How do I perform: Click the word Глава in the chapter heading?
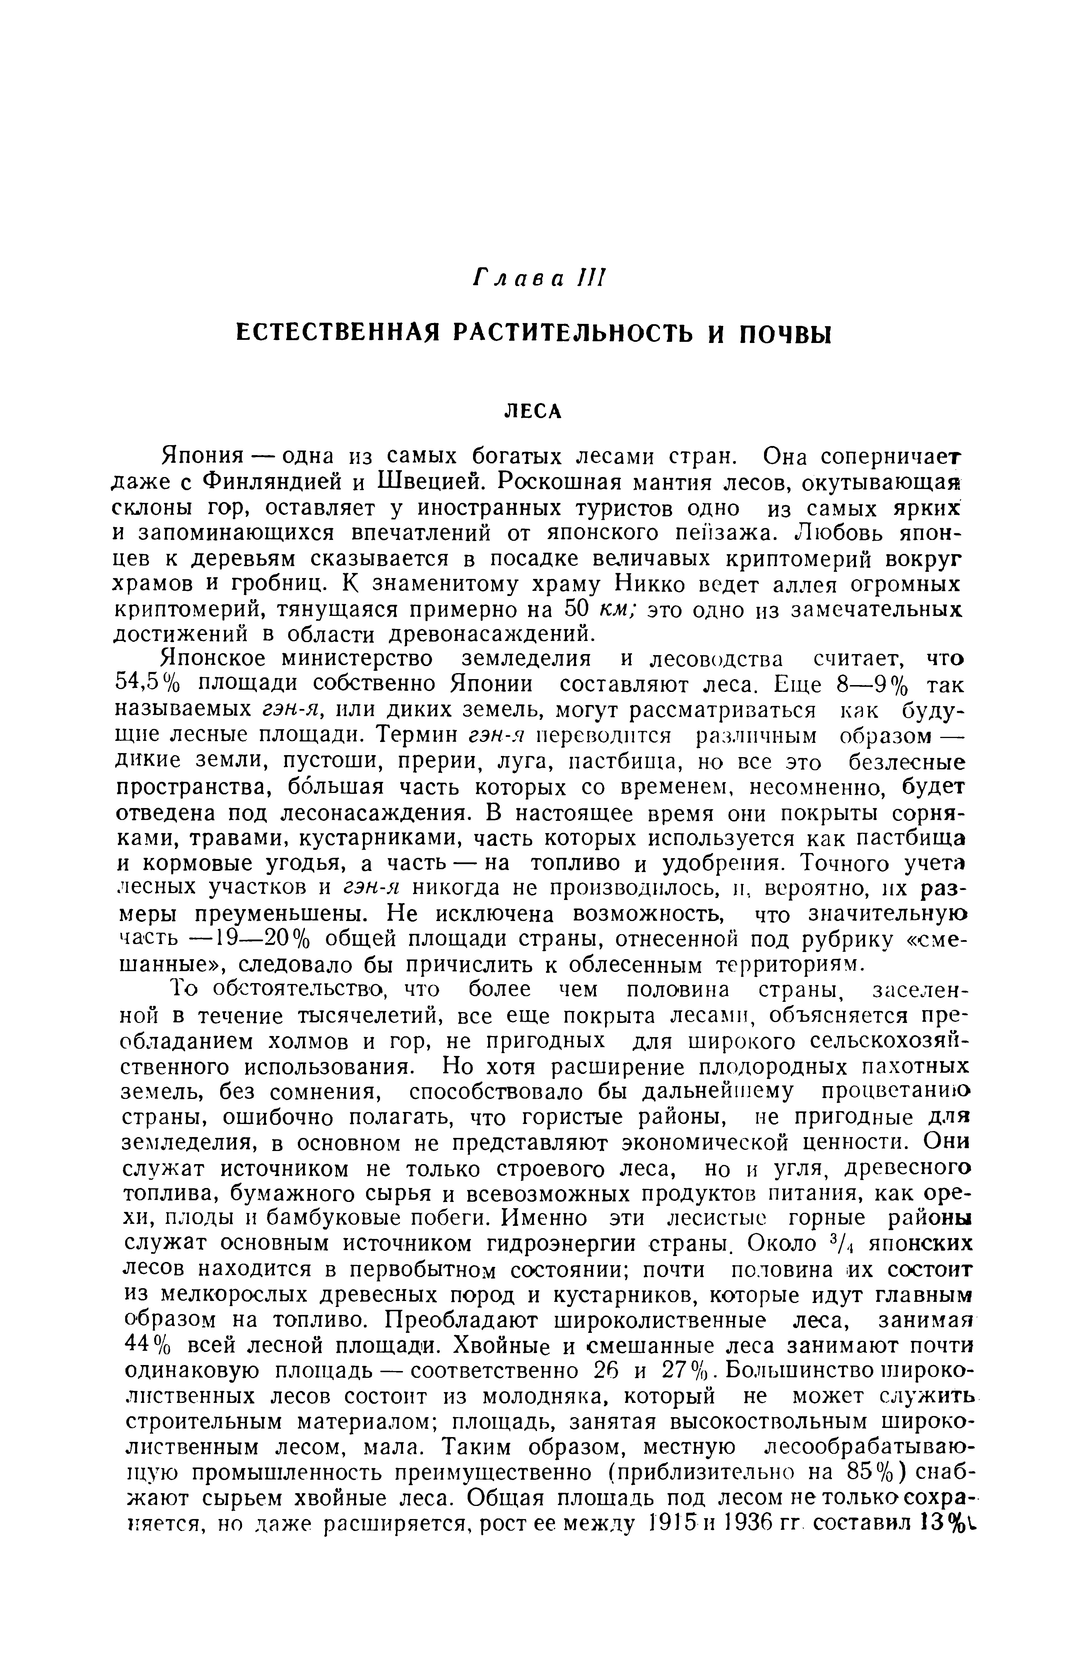(x=512, y=279)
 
